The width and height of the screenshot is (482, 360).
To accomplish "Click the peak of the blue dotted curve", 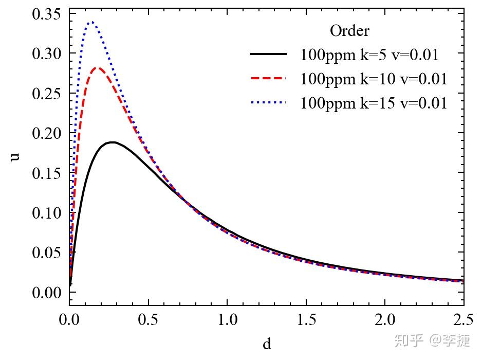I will (91, 23).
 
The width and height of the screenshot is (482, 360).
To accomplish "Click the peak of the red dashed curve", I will (97, 68).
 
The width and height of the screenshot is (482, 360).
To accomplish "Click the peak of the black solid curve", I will (113, 142).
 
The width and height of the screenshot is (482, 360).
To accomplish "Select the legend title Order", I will (349, 31).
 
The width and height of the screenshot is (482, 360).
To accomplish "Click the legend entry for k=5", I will (369, 55).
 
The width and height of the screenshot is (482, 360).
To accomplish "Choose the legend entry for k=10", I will (374, 79).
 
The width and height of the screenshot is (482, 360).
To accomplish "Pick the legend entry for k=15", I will (374, 103).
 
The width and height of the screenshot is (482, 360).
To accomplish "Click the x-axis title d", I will (267, 344).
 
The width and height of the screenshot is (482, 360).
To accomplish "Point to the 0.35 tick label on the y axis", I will (47, 14).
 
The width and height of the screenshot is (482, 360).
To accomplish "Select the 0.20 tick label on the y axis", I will (47, 133).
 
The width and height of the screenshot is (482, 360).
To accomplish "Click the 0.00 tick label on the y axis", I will (47, 293).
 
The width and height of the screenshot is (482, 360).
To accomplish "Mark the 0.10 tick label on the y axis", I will (47, 213).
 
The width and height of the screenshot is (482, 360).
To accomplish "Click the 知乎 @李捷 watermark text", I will (432, 340).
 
